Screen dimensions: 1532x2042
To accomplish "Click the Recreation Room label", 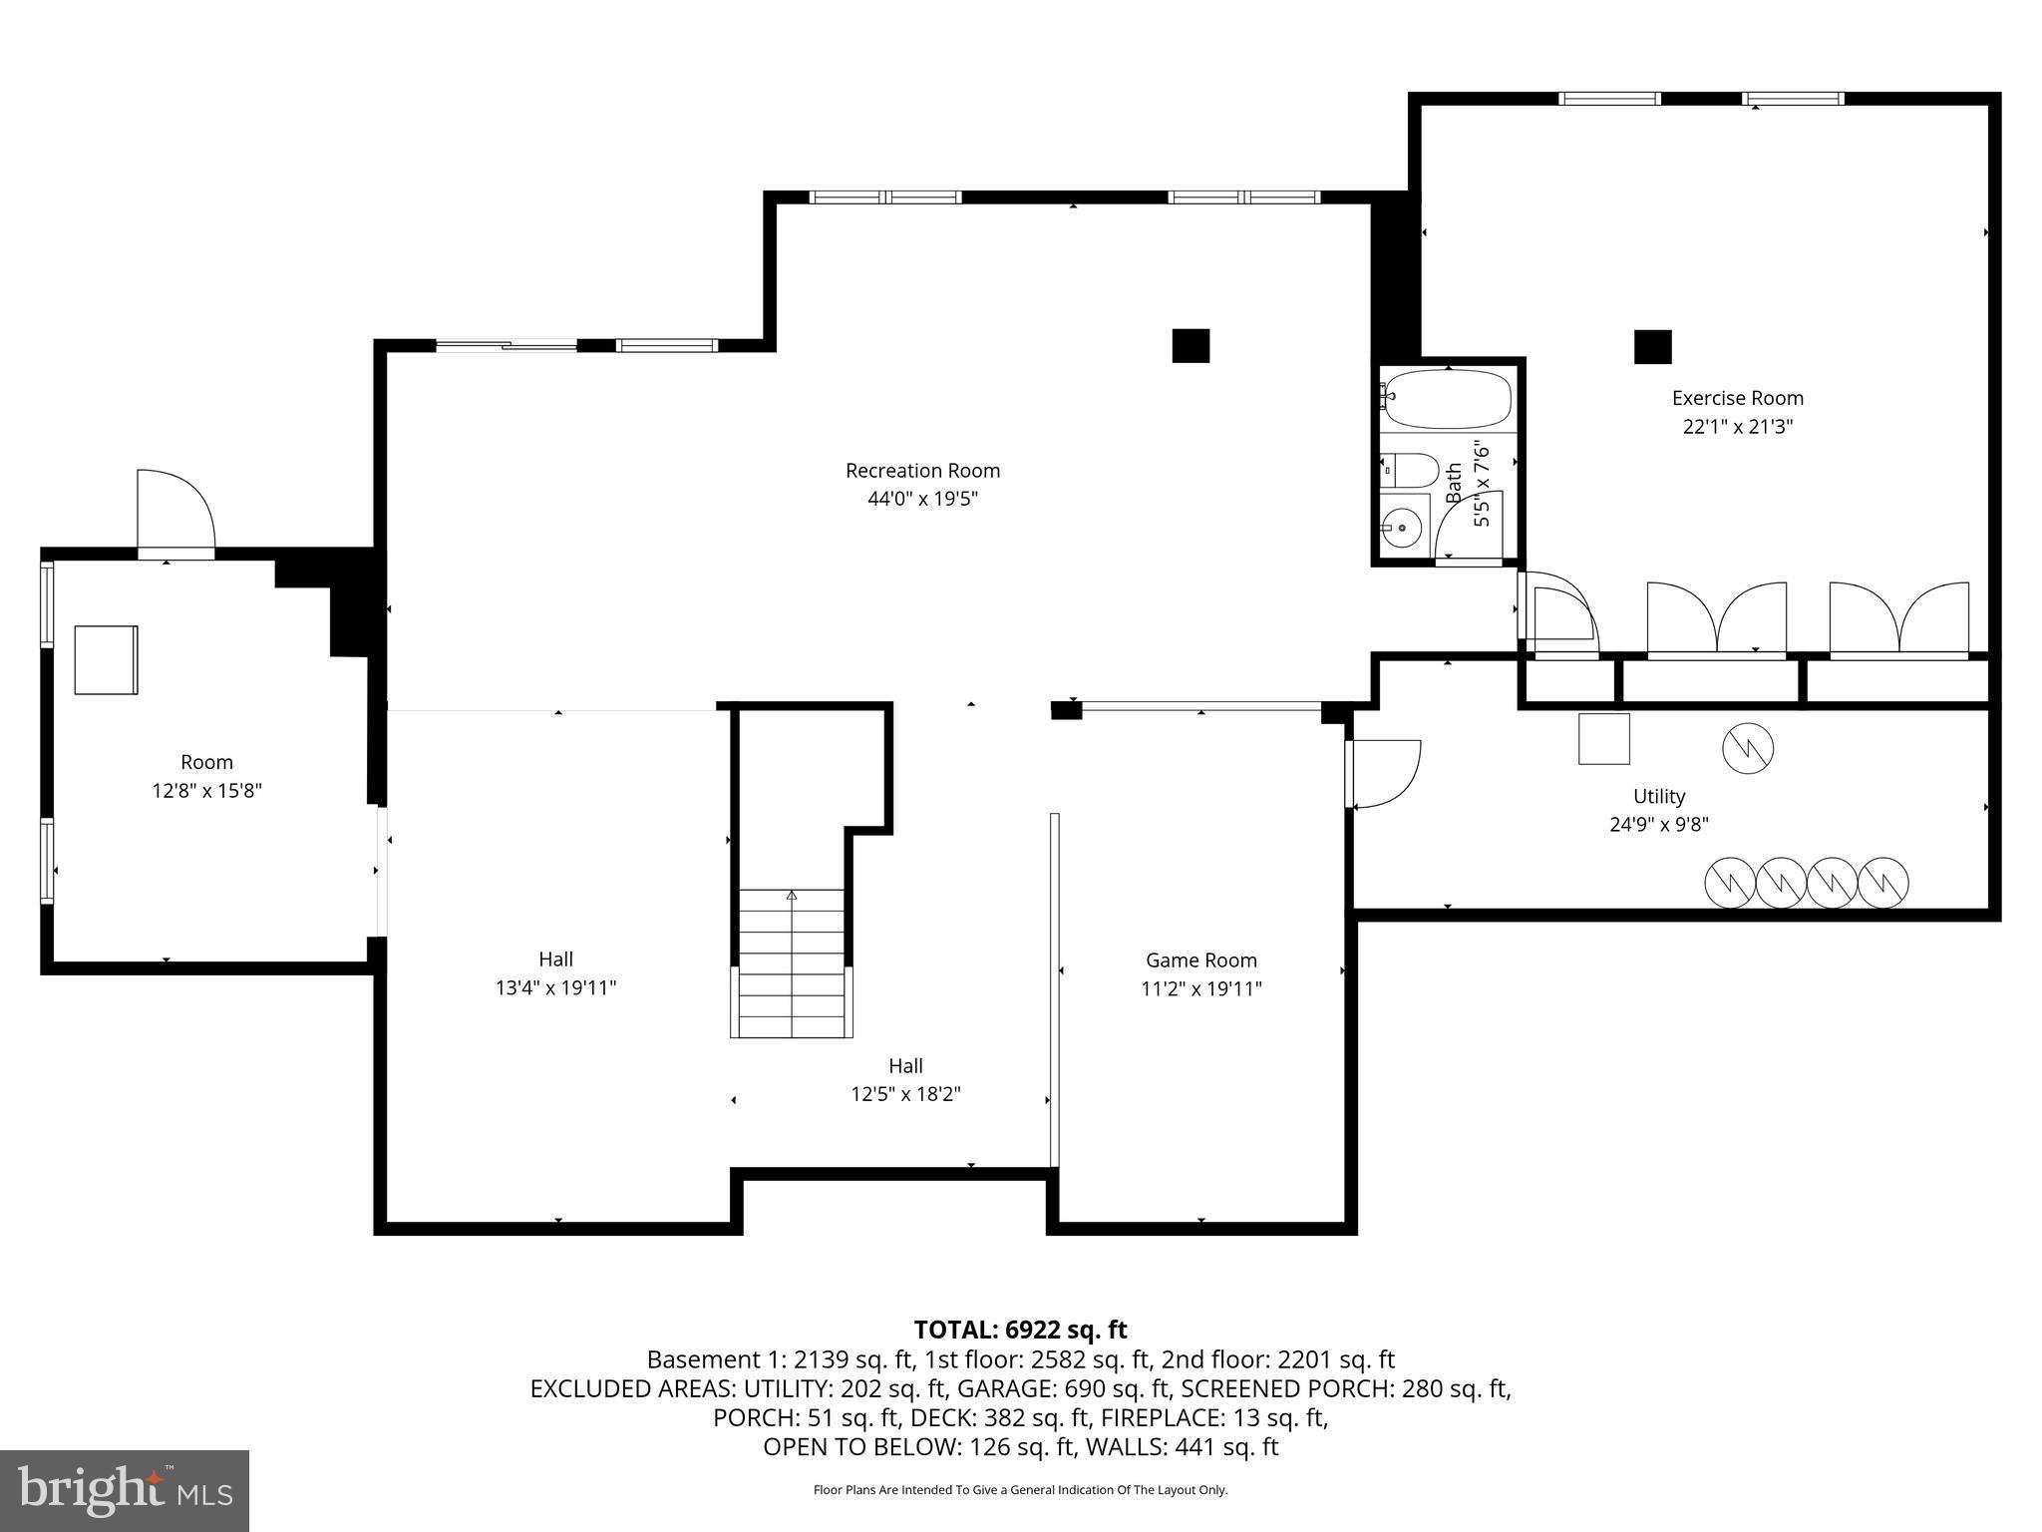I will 922,471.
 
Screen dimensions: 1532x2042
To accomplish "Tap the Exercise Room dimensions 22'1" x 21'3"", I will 1737,427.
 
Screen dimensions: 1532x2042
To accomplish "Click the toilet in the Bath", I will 1411,468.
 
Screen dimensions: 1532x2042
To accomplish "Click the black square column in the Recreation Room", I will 1190,346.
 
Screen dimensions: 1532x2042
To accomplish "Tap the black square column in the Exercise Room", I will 1652,347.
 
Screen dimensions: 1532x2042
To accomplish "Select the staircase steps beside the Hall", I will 792,962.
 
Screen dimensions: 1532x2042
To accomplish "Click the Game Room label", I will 1200,960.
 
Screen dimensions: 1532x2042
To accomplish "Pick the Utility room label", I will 1659,796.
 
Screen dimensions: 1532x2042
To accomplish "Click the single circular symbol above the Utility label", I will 1748,748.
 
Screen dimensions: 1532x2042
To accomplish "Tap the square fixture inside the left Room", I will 106,659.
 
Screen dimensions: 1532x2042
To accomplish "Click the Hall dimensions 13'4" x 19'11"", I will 555,988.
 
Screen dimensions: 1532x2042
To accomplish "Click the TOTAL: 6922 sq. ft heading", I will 1020,1330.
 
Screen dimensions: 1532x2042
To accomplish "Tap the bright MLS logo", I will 125,1490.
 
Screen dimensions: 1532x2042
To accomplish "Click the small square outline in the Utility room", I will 1603,739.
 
